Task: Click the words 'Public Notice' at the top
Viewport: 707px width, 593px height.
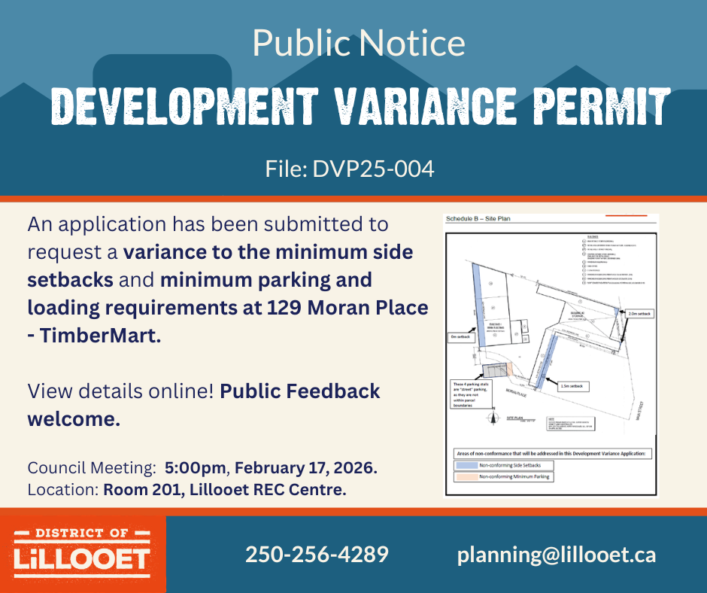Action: pos(358,43)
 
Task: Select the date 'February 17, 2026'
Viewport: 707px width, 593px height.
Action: pos(305,467)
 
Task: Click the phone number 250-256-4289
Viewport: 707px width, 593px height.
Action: pos(317,555)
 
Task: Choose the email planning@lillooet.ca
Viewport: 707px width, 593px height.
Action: pos(556,555)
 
